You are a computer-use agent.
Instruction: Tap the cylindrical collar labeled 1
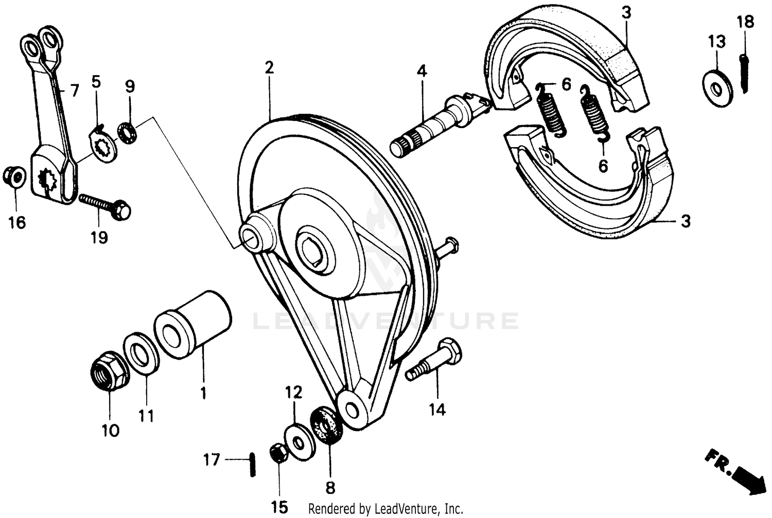tap(193, 325)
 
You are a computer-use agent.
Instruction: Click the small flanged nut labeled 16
tap(15, 177)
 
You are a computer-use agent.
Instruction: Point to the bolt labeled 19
tap(106, 205)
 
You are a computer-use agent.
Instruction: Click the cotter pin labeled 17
tap(252, 464)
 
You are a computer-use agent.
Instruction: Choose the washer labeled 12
tap(298, 440)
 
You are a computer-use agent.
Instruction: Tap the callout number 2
tap(269, 67)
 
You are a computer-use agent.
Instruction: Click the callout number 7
tap(75, 91)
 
